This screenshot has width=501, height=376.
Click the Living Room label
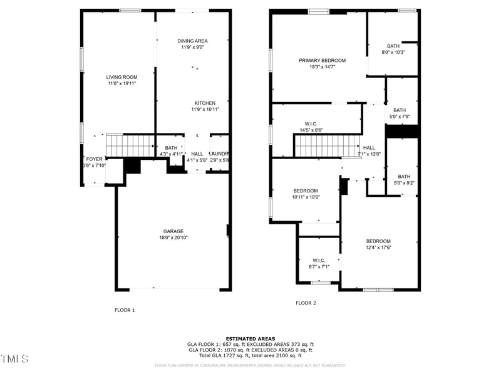tap(121, 77)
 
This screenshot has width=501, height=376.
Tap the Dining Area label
tap(192, 41)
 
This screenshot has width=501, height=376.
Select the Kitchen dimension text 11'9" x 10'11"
tap(205, 110)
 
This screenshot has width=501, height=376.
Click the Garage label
tap(173, 231)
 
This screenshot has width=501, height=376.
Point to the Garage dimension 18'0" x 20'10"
tap(173, 238)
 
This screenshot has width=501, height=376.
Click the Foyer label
tap(93, 159)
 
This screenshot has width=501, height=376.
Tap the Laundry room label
tap(219, 154)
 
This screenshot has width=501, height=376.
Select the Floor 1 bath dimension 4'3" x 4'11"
tap(171, 154)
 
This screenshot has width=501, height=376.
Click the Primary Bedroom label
tap(322, 60)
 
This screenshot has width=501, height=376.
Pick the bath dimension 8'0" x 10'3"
tap(393, 53)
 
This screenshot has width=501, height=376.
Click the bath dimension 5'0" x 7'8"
tap(399, 117)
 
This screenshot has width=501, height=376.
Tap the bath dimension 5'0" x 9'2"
tap(404, 183)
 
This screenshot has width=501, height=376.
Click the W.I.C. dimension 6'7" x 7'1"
tap(318, 266)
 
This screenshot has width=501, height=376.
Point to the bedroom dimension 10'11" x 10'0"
tap(306, 197)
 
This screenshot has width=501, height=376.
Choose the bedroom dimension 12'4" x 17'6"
tap(378, 248)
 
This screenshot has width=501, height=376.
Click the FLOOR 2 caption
tap(306, 303)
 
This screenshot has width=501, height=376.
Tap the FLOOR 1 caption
tap(124, 310)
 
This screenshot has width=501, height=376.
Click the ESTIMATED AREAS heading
tap(250, 338)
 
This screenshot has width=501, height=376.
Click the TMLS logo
tap(14, 359)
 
